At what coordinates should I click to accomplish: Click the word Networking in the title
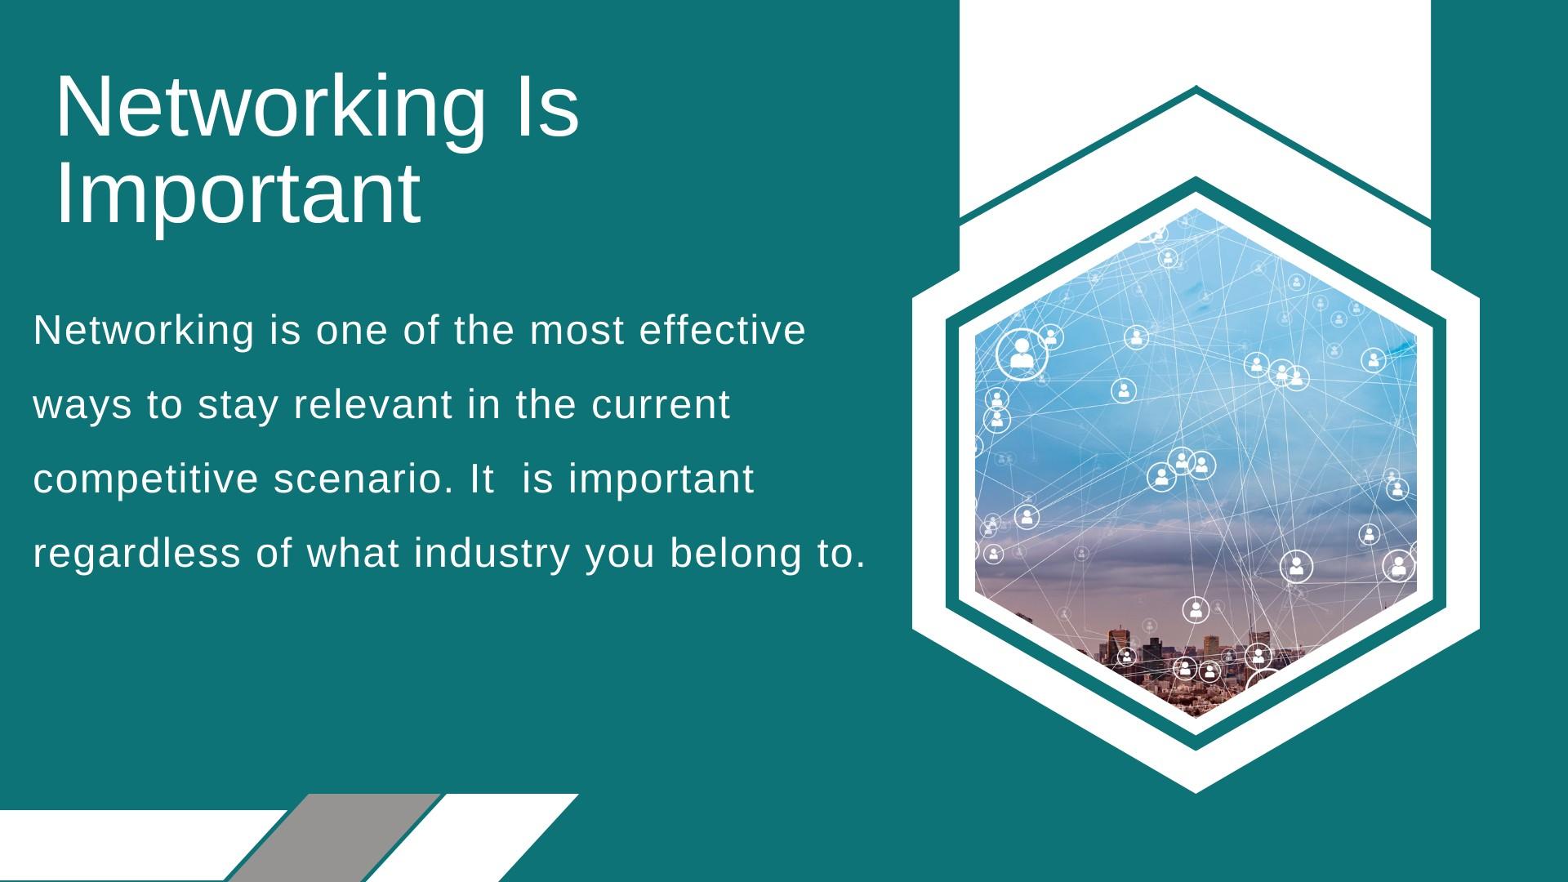(270, 109)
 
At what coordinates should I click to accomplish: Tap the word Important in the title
(238, 196)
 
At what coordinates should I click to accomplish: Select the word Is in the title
(545, 106)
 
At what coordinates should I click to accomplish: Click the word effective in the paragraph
(723, 330)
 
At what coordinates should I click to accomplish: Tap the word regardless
(137, 554)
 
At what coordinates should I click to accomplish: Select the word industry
(492, 554)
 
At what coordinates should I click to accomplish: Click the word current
(661, 405)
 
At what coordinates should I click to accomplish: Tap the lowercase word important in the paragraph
(661, 479)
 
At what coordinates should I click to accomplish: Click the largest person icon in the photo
(1022, 354)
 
